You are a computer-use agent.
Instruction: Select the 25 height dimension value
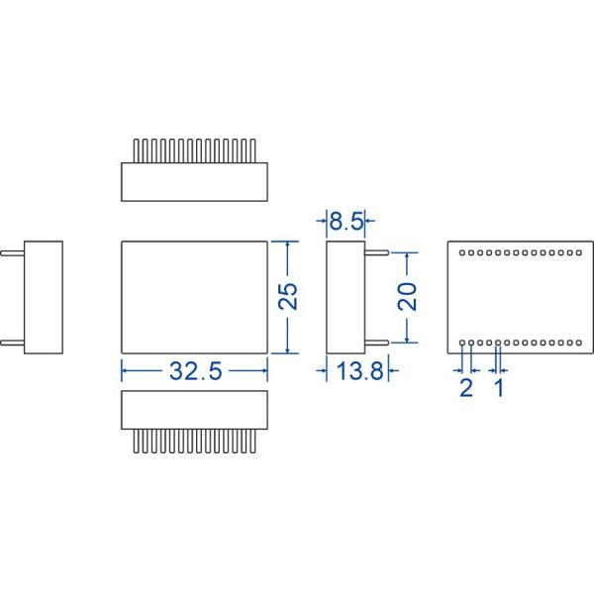pyautogui.click(x=288, y=297)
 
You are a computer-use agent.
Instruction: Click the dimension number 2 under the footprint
pyautogui.click(x=466, y=386)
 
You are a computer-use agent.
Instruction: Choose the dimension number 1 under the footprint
pyautogui.click(x=498, y=386)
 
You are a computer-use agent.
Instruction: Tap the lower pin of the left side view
pyautogui.click(x=13, y=344)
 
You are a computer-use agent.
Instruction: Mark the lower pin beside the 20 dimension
pyautogui.click(x=375, y=344)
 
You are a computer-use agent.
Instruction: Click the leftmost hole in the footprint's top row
pyautogui.click(x=464, y=252)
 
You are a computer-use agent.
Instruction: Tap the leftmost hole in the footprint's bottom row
pyautogui.click(x=464, y=343)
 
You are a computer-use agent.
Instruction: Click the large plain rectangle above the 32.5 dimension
pyautogui.click(x=194, y=297)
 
